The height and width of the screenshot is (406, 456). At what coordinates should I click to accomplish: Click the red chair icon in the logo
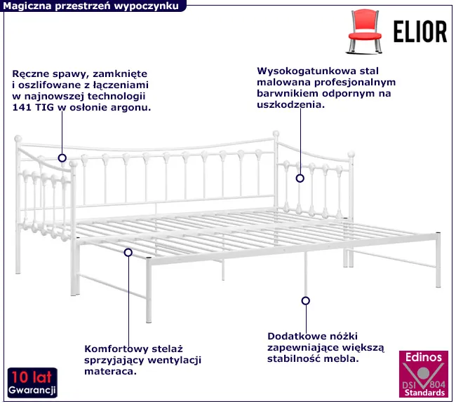(365, 31)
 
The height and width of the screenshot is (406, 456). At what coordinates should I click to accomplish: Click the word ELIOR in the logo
(420, 31)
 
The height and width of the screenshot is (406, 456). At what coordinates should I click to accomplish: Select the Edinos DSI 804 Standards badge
(424, 374)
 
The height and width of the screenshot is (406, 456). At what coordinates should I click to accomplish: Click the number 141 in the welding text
(22, 108)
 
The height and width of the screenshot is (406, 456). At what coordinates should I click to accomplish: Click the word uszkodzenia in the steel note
(290, 105)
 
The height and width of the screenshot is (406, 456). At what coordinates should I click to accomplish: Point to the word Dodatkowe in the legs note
(295, 337)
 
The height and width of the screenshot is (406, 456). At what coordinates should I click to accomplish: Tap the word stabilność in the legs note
(293, 358)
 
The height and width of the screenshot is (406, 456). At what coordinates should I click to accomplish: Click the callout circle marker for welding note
(62, 158)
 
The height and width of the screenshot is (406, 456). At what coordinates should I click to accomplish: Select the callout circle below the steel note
(300, 178)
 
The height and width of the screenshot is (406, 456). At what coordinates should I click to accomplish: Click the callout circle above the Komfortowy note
(128, 253)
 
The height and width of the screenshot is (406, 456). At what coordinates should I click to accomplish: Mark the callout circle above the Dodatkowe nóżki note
(305, 301)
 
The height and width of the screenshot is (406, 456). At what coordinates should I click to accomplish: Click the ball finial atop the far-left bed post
(18, 139)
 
